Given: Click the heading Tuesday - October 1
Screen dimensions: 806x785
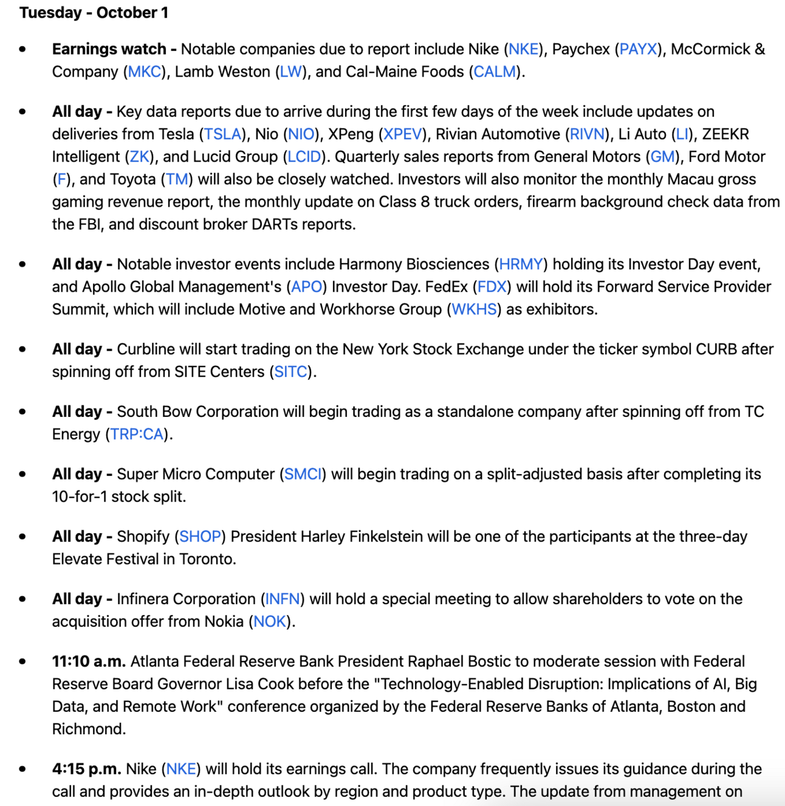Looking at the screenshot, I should [x=94, y=13].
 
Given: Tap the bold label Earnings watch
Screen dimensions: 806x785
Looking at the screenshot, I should [x=109, y=49].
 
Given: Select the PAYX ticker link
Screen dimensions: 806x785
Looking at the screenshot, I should [x=638, y=49].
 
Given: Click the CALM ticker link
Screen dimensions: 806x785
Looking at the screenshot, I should [x=495, y=72].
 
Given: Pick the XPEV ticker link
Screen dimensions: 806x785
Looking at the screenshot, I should [x=402, y=134].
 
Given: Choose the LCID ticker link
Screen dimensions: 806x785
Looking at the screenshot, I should [x=304, y=157].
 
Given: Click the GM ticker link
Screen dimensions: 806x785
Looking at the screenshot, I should [x=662, y=157].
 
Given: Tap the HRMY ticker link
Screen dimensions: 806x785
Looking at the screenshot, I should [x=521, y=264].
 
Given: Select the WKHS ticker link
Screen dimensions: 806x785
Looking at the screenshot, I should [x=474, y=309].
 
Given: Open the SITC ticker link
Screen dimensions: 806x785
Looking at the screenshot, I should [x=290, y=372].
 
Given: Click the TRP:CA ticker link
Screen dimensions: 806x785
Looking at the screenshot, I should [x=137, y=435].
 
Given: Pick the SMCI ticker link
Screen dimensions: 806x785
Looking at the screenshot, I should [x=303, y=474].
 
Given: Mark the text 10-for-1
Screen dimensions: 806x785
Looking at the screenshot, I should [x=79, y=497].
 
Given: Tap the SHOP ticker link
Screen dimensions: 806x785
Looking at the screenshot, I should [x=200, y=537].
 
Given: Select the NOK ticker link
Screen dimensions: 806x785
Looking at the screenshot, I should [x=270, y=622].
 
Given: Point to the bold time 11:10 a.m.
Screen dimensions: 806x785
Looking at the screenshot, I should [x=89, y=661].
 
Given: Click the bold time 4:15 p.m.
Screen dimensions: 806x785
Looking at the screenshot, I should [x=86, y=769].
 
